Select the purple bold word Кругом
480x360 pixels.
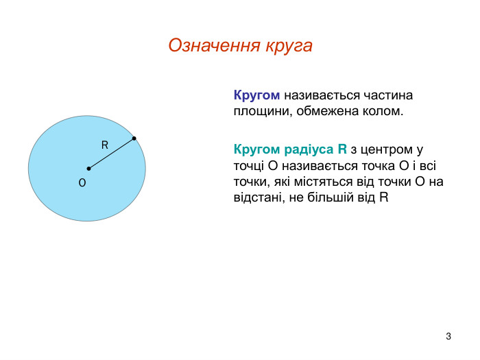click(256, 95)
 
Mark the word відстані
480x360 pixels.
click(256, 198)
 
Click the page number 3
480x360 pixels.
click(448, 336)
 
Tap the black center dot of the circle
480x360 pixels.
click(88, 168)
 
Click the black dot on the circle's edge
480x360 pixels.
click(134, 139)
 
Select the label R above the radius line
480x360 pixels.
click(105, 145)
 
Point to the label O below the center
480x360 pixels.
click(82, 184)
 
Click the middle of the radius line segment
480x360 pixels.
click(111, 154)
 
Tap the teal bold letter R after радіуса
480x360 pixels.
click(342, 149)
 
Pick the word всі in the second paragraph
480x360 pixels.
click(437, 165)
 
